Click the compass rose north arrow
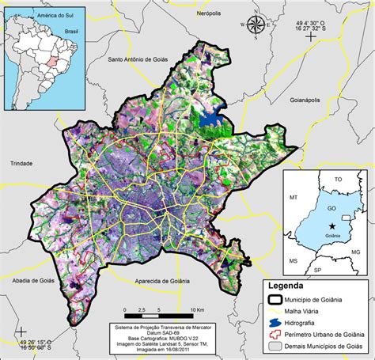256,25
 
